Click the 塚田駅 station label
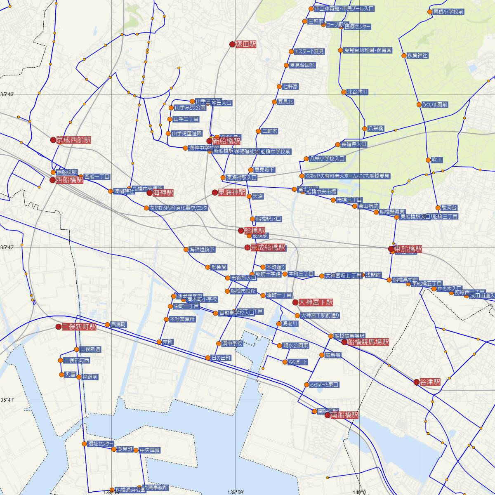pyautogui.click(x=246, y=44)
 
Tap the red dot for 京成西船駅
pyautogui.click(x=53, y=140)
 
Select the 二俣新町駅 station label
pyautogui.click(x=79, y=327)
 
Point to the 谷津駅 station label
pyautogui.click(x=430, y=382)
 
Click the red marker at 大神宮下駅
pyautogui.click(x=295, y=302)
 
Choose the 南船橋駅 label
pyautogui.click(x=344, y=415)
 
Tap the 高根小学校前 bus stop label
pyautogui.click(x=448, y=12)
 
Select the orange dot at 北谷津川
pyautogui.click(x=343, y=92)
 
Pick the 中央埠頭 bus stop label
pyautogui.click(x=150, y=450)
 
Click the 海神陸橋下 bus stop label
pyautogui.click(x=202, y=249)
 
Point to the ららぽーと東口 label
pyautogui.click(x=324, y=385)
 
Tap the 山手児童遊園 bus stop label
pyautogui.click(x=187, y=133)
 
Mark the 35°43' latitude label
pyautogui.click(x=7, y=94)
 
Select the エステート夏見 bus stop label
pyautogui.click(x=309, y=52)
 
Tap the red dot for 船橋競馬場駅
pyautogui.click(x=344, y=342)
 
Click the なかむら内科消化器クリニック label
pyautogui.click(x=179, y=208)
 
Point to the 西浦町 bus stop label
pyautogui.click(x=118, y=325)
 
